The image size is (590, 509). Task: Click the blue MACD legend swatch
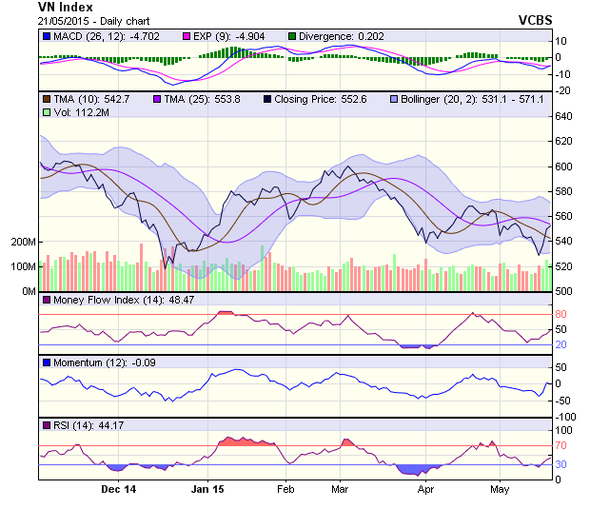pos(47,36)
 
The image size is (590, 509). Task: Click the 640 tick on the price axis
pos(566,117)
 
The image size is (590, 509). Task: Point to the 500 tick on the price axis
pos(566,291)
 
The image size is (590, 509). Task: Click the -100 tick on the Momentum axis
pos(569,416)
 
